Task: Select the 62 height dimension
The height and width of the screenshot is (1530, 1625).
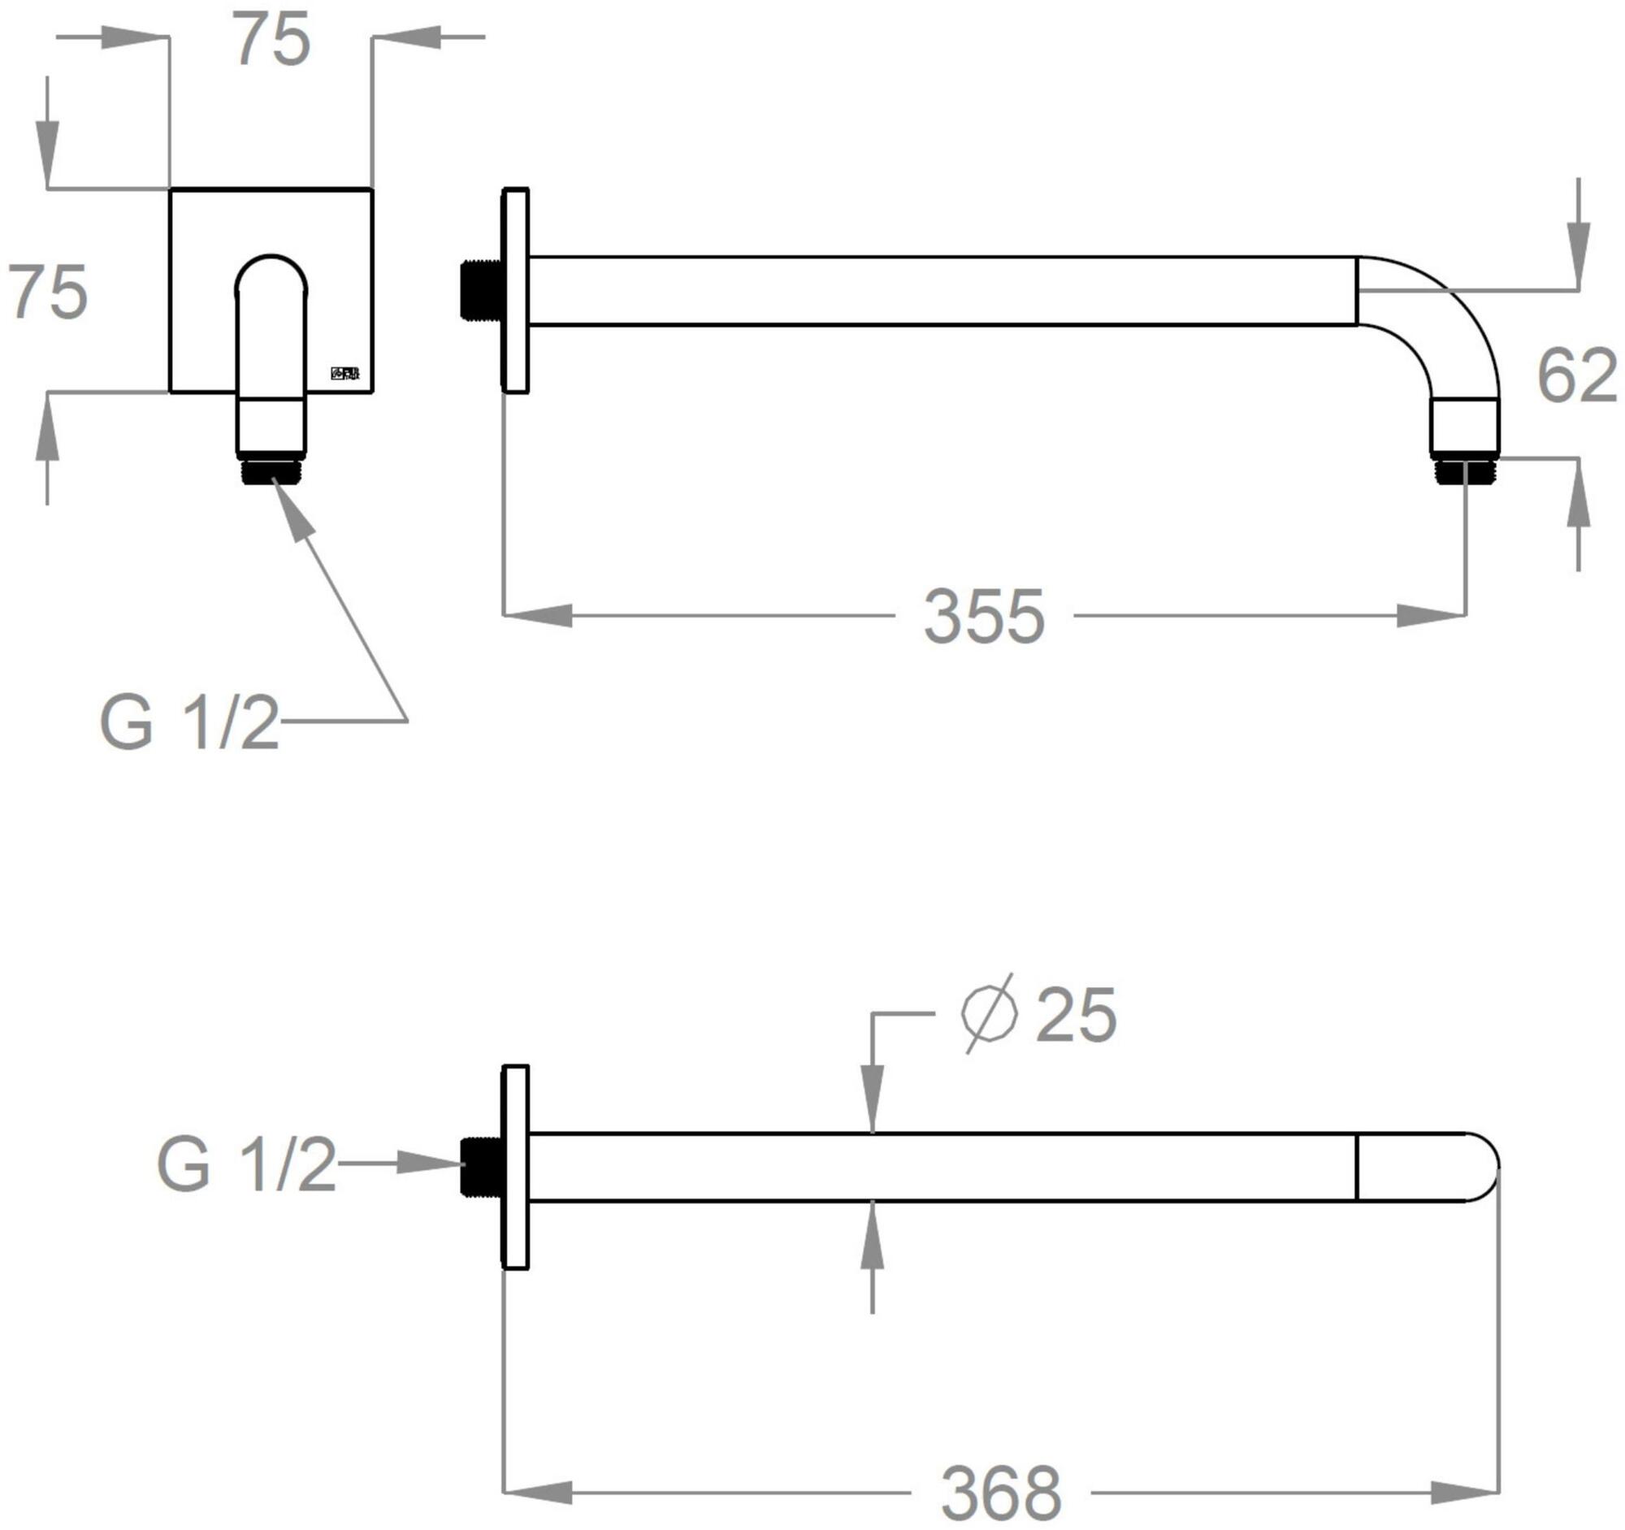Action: point(1576,376)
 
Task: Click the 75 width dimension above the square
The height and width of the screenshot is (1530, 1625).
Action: point(272,41)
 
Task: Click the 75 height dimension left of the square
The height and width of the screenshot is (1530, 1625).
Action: point(47,292)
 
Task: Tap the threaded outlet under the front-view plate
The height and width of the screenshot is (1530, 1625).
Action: point(271,471)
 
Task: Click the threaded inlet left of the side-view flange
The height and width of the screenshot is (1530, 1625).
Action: point(482,290)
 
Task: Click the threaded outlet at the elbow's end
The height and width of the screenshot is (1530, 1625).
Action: point(1466,471)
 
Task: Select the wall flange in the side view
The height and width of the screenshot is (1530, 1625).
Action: point(516,290)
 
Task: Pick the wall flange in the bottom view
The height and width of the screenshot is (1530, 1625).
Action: point(516,1167)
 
